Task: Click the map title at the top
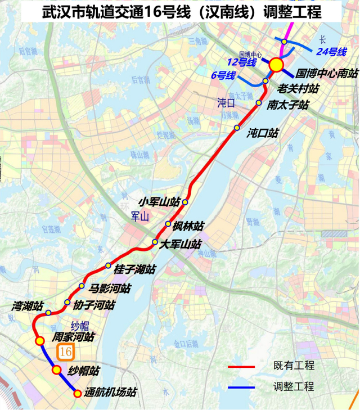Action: (x=179, y=12)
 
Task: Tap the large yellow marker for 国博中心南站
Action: (x=276, y=65)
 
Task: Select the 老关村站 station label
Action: (x=298, y=89)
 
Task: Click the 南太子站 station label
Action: (x=287, y=104)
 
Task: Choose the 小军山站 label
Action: (x=160, y=201)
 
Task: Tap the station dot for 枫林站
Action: (x=168, y=224)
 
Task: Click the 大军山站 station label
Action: (x=179, y=244)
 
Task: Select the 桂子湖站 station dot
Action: (x=108, y=265)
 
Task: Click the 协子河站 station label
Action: (x=94, y=305)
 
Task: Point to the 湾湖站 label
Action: (x=28, y=307)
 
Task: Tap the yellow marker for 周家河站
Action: (x=40, y=341)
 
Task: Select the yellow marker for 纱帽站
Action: (x=56, y=370)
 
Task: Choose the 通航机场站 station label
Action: (x=110, y=393)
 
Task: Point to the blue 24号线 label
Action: (x=332, y=52)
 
